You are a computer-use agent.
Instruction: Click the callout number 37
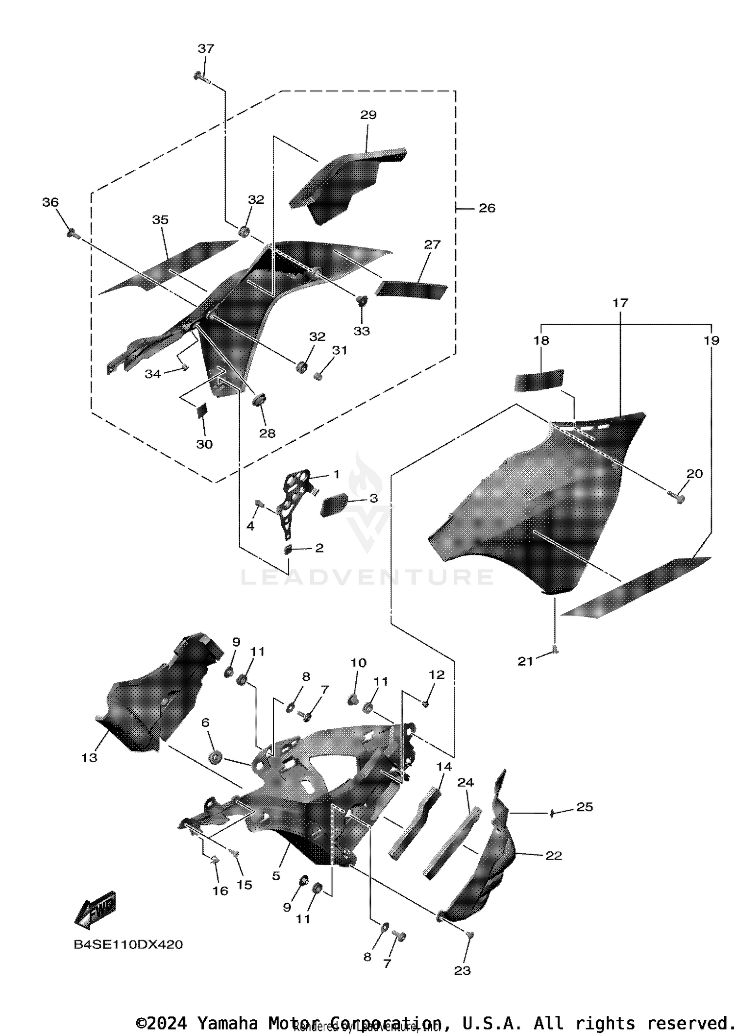point(206,48)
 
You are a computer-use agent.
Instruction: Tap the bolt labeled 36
point(73,233)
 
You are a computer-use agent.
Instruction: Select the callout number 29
point(368,115)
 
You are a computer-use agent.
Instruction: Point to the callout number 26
point(487,208)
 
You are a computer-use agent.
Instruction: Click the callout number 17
point(620,303)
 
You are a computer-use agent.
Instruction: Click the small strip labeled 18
point(539,380)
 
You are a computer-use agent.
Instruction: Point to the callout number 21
point(525,661)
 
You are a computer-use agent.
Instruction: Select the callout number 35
point(160,220)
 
